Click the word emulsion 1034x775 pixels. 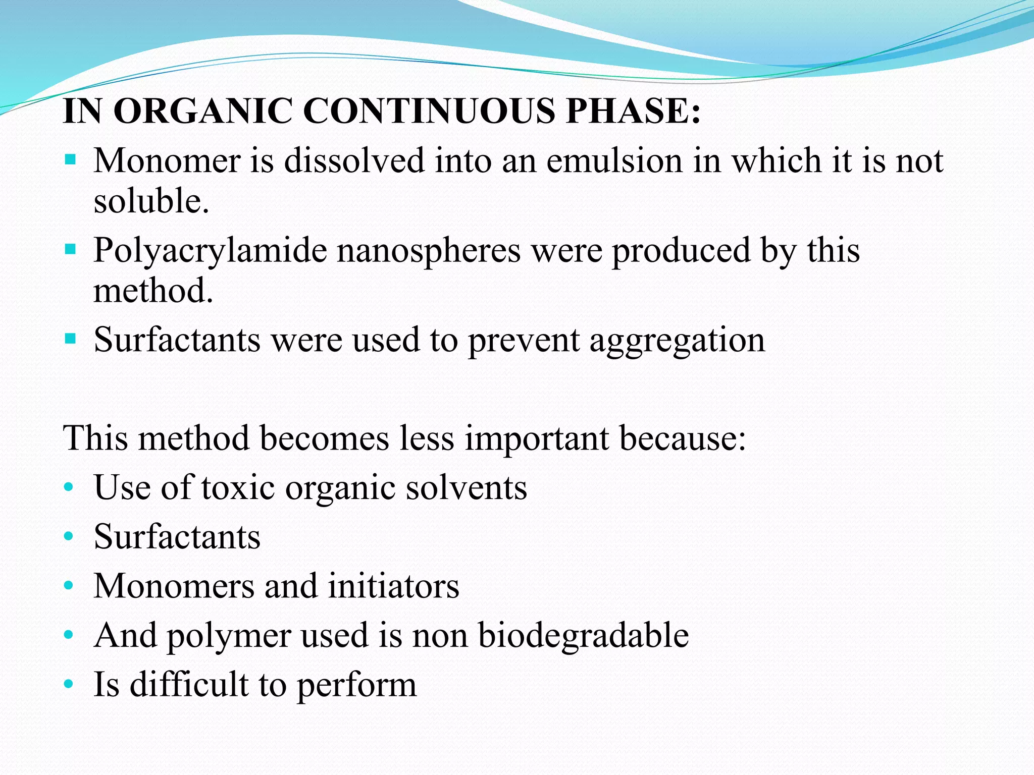[x=614, y=161]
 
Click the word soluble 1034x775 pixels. [x=151, y=201]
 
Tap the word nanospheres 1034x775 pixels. [x=429, y=251]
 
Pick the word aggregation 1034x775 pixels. [x=677, y=341]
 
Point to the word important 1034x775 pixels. [x=537, y=437]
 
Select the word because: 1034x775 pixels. [x=683, y=437]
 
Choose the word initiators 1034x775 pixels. [x=393, y=586]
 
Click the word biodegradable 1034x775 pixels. [x=583, y=635]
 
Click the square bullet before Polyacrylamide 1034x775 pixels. [x=70, y=249]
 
